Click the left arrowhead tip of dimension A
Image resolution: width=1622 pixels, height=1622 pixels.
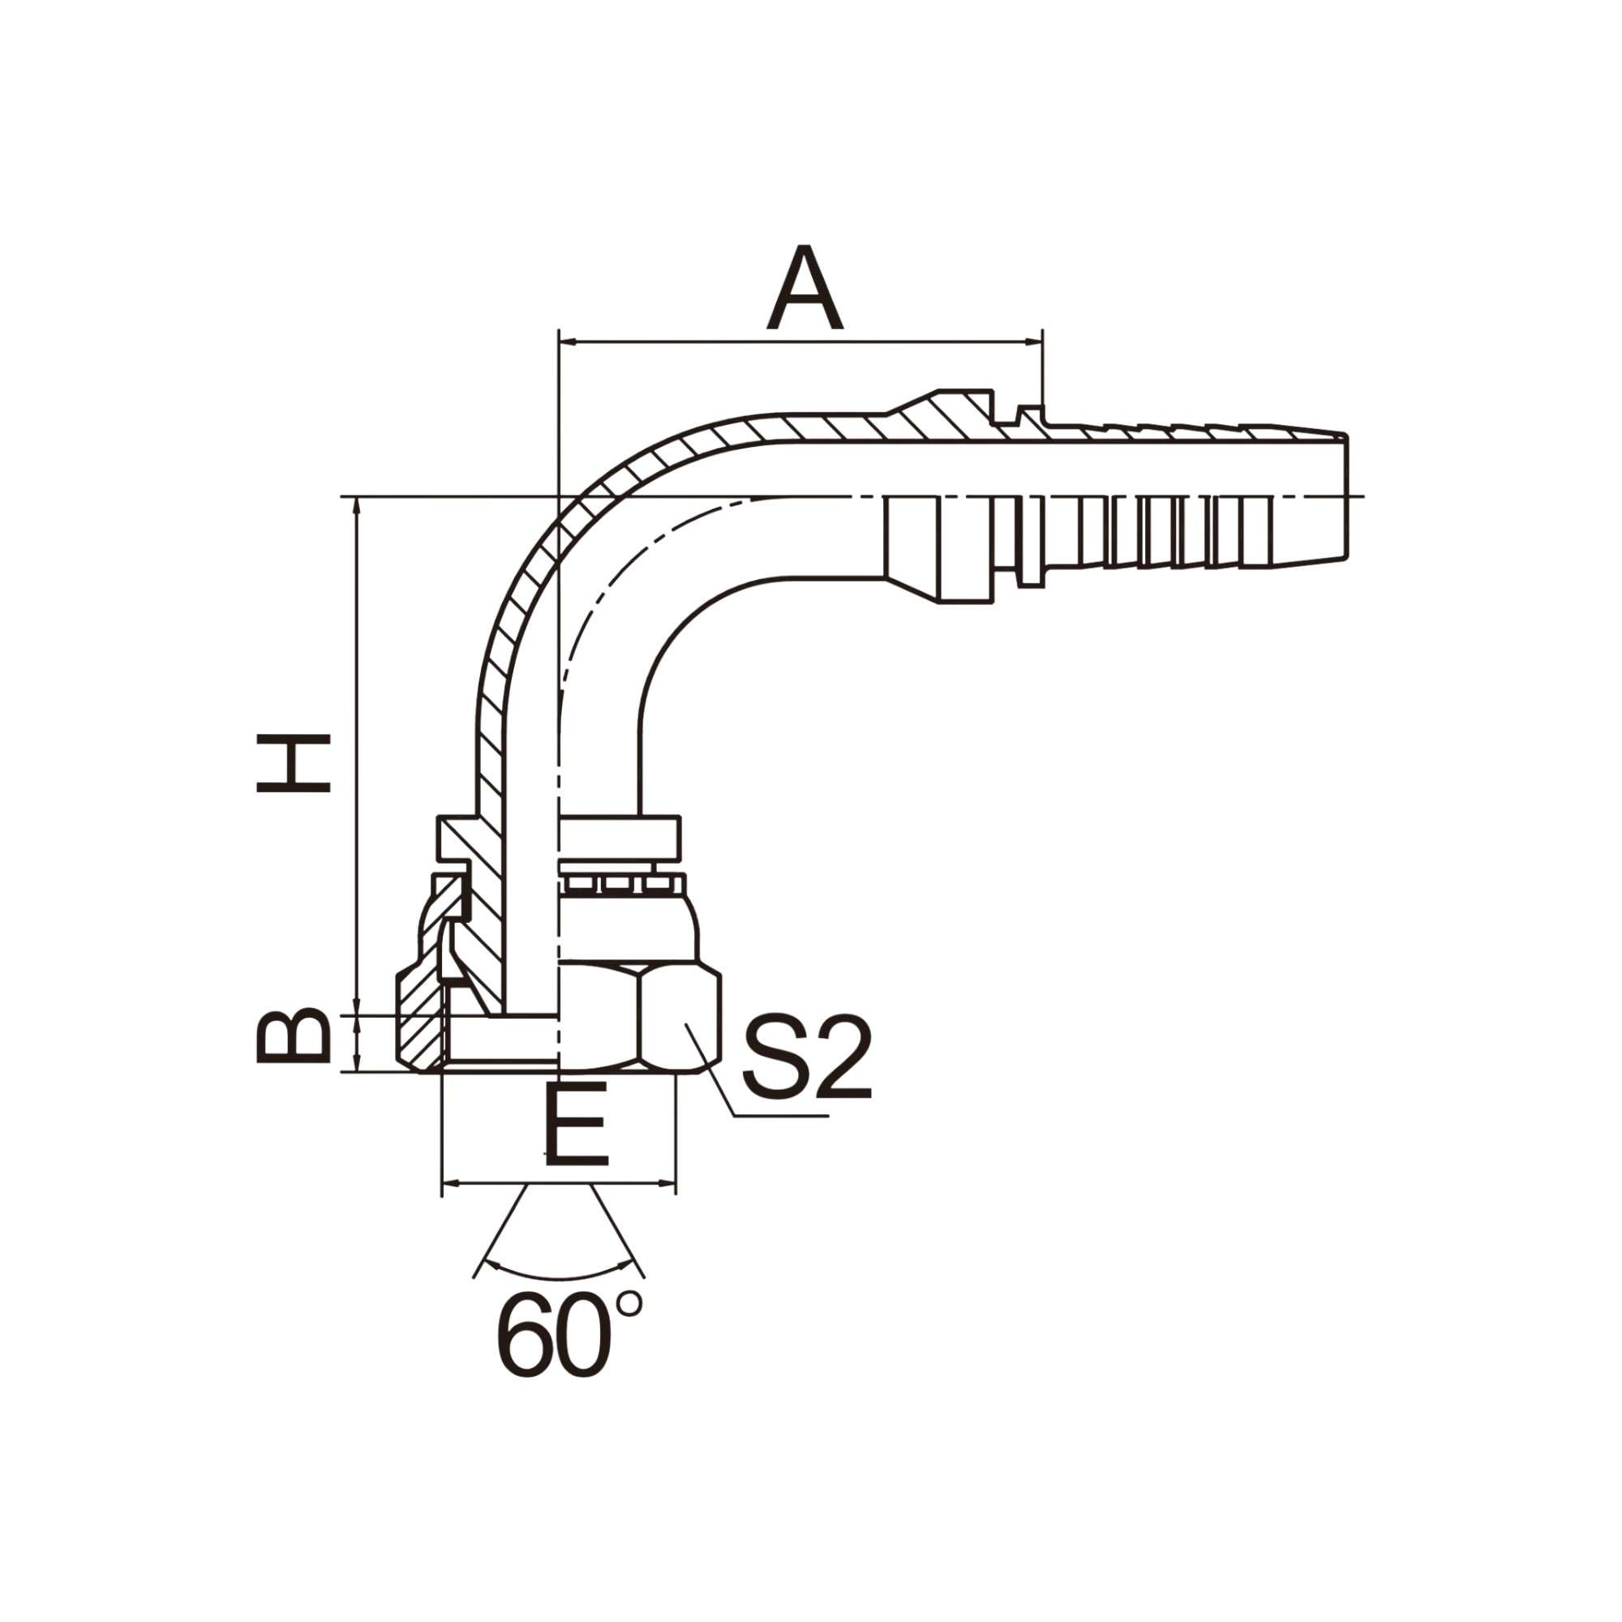(x=560, y=341)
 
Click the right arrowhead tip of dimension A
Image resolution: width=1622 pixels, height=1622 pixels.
(x=1041, y=341)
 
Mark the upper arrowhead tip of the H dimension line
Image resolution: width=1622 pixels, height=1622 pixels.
(x=358, y=498)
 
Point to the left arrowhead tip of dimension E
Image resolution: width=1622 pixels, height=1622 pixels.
(x=444, y=1185)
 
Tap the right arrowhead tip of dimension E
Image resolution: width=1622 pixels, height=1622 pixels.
(x=675, y=1185)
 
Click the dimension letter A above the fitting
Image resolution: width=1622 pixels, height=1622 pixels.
(x=804, y=288)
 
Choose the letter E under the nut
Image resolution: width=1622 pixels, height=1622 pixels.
(x=576, y=1123)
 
